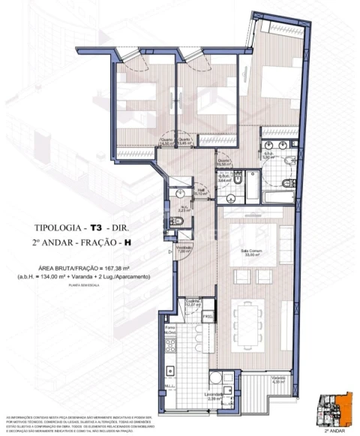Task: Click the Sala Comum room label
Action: (x=260, y=251)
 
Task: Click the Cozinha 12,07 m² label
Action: (x=193, y=302)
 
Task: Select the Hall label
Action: (x=202, y=191)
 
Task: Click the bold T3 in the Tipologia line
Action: (x=95, y=226)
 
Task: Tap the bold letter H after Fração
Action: (x=127, y=242)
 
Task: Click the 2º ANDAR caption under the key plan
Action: (x=334, y=432)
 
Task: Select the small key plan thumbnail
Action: (x=334, y=410)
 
